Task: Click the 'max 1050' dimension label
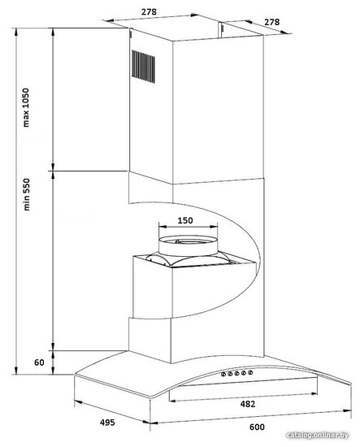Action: tap(26, 107)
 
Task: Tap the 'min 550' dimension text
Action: tap(27, 194)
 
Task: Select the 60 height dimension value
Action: tap(39, 362)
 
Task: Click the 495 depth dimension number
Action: tap(107, 422)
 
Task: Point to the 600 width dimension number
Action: tap(257, 427)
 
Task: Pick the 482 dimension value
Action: tap(247, 404)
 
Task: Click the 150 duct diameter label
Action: tap(185, 220)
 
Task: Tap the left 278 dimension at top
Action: tap(149, 11)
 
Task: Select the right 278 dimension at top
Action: tap(271, 22)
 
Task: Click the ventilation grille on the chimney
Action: tap(143, 67)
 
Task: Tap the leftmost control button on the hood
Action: tap(223, 375)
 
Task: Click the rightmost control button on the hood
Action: tap(250, 372)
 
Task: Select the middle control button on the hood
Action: tap(236, 373)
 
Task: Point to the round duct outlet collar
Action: tap(188, 245)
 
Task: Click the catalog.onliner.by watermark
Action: tap(317, 435)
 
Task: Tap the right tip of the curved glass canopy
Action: tap(351, 384)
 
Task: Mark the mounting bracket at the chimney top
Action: tap(221, 30)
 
